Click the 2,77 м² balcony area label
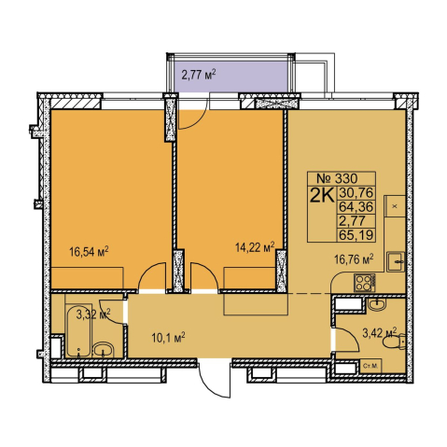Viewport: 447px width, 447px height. (x=199, y=75)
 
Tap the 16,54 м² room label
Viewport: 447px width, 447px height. (x=89, y=251)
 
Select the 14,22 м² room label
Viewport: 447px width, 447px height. (x=255, y=247)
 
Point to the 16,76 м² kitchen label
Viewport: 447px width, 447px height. (x=354, y=258)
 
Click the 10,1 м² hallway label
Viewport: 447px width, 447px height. (x=169, y=337)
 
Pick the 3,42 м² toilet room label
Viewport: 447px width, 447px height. (x=380, y=333)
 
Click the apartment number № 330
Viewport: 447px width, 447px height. (x=337, y=178)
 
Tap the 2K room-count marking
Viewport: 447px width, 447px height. (x=322, y=195)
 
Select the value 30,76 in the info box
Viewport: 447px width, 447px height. (x=356, y=193)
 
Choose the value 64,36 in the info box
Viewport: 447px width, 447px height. (x=356, y=206)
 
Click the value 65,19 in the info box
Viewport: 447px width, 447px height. (x=356, y=234)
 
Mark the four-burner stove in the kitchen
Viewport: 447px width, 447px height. (x=365, y=283)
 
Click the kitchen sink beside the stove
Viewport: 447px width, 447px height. (x=396, y=262)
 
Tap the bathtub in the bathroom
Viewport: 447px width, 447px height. (x=79, y=331)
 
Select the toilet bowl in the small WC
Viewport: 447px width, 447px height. (x=395, y=342)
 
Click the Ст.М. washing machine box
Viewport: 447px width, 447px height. (x=370, y=366)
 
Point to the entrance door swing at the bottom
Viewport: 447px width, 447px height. (x=215, y=379)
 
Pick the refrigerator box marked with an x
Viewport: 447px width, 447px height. (x=395, y=206)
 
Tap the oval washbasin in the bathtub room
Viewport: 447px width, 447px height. (x=104, y=350)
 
